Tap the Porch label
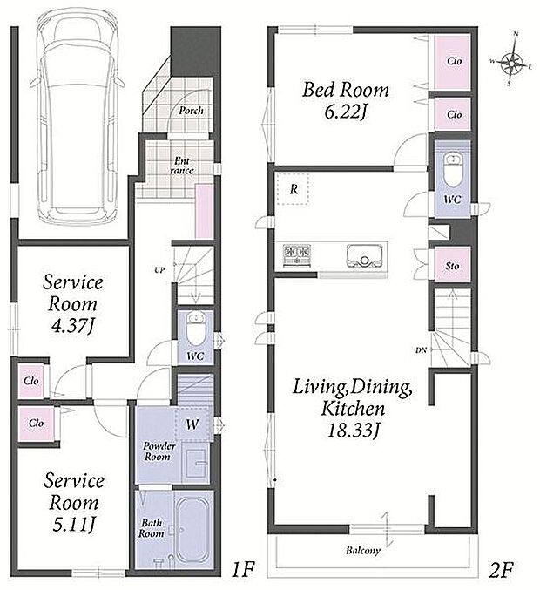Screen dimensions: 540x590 click(191, 111)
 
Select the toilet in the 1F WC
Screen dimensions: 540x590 click(196, 329)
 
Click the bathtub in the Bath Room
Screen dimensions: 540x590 click(192, 530)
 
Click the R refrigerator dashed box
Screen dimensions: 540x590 click(293, 189)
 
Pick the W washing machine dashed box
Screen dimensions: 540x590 click(192, 424)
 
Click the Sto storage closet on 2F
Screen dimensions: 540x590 click(452, 265)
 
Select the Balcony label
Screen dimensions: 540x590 click(363, 551)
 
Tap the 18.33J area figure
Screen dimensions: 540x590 click(353, 431)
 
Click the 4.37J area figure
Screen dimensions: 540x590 click(73, 325)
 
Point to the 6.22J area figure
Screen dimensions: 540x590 click(345, 112)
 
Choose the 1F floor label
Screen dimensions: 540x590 click(243, 569)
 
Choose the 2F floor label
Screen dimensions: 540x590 click(501, 569)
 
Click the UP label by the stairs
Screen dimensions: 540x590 click(159, 270)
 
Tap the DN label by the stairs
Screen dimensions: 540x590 click(421, 350)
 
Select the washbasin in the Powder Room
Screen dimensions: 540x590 click(196, 463)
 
